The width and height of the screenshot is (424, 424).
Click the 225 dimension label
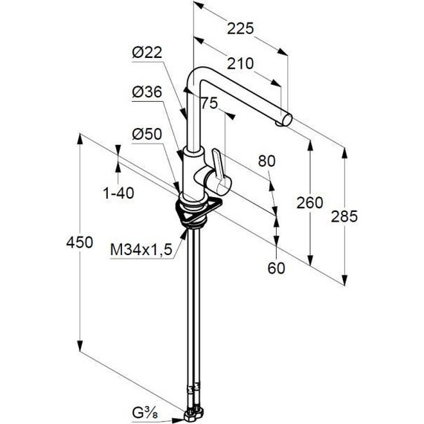coord(240,28)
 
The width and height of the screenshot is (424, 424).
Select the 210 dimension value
coord(240,64)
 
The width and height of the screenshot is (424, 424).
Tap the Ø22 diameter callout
coord(147,53)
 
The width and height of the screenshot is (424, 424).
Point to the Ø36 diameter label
coord(147,92)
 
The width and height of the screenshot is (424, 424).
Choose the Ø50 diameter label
coord(147,134)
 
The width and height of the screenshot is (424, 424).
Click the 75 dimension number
coord(209,103)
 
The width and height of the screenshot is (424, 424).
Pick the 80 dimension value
coord(266,161)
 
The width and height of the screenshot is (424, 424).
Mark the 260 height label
coord(309,202)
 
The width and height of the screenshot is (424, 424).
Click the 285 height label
coord(344,216)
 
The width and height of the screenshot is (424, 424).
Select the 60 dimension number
coord(277,269)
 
